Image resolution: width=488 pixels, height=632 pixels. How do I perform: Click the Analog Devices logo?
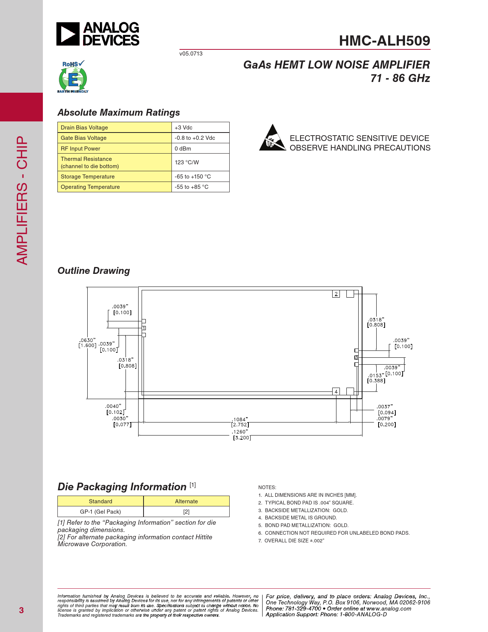(98, 34)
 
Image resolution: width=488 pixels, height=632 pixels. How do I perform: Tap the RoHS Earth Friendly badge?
(73, 77)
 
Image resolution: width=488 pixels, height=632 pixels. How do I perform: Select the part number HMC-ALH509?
(384, 41)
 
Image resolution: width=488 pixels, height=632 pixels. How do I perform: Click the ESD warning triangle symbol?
(273, 138)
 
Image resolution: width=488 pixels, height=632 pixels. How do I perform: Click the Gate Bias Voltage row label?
(84, 138)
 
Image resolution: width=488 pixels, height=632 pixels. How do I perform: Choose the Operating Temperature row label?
(90, 187)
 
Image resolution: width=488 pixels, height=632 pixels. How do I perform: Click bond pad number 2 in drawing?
(336, 294)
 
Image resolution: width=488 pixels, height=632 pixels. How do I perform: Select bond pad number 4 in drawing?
(336, 391)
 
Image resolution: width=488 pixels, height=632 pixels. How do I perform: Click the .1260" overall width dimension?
(241, 435)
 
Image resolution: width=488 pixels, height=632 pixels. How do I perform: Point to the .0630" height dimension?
(87, 343)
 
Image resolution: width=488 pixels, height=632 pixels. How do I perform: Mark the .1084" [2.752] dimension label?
(240, 422)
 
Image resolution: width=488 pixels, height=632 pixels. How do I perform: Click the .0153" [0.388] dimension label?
(376, 378)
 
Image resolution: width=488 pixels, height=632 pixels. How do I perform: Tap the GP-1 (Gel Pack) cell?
(100, 512)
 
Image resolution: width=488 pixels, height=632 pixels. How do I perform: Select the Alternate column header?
(186, 501)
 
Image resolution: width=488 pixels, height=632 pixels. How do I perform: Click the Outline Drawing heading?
(94, 271)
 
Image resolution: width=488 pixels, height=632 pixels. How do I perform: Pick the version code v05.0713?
(191, 54)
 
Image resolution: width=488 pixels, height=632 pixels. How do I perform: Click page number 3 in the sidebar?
(21, 610)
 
